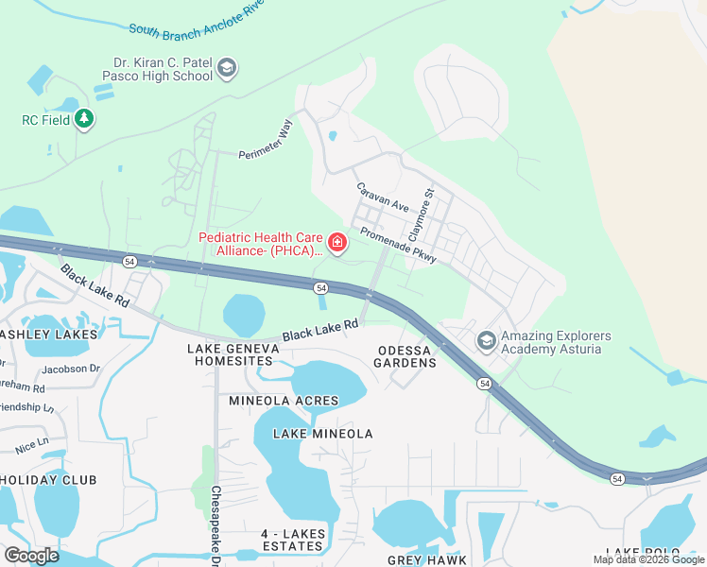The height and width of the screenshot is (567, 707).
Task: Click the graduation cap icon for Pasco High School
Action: (x=226, y=68)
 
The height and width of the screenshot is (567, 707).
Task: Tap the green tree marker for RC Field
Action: (x=85, y=119)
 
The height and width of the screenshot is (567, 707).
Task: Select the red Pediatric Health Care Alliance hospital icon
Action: (x=337, y=245)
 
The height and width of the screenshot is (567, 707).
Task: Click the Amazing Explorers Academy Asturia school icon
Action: (x=487, y=340)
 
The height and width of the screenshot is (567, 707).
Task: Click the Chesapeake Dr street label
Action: (x=216, y=524)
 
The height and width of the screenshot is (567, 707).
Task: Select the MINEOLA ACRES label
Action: (x=284, y=401)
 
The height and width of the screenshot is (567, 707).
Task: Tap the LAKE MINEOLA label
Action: (x=322, y=434)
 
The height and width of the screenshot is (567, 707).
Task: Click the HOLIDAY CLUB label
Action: (x=47, y=480)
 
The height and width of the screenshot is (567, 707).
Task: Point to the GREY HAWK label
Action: (x=422, y=560)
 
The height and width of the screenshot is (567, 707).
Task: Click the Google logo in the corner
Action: (x=31, y=555)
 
